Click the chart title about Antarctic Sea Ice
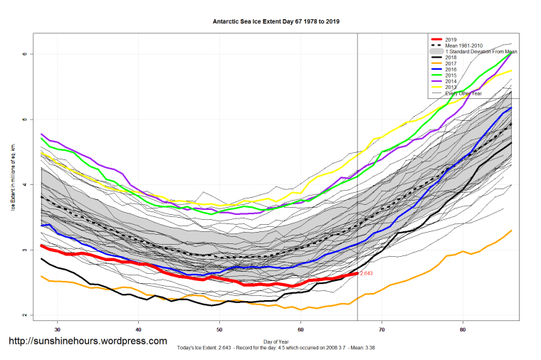coord(276,21)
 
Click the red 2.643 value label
coord(366,273)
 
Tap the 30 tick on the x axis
coord(57,329)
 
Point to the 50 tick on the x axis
coord(220,329)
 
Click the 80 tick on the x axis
coord(463,329)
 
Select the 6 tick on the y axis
coord(24,54)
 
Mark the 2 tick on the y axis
coord(24,315)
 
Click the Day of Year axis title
coord(276,341)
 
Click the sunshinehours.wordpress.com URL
coord(88,342)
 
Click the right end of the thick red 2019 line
coord(357,274)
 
